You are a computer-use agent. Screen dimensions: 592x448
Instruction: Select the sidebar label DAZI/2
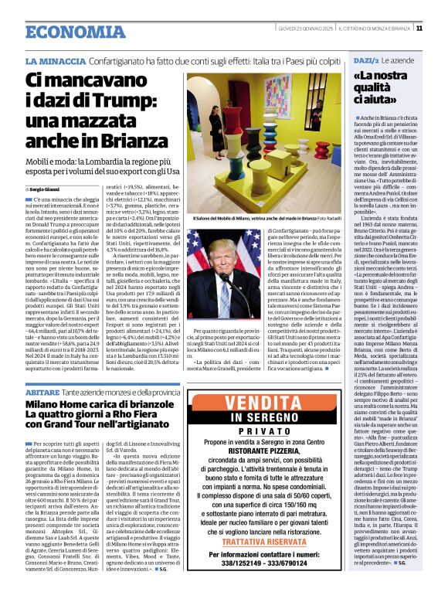click(365, 60)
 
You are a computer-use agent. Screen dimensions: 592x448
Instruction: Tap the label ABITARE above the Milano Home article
click(40, 392)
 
